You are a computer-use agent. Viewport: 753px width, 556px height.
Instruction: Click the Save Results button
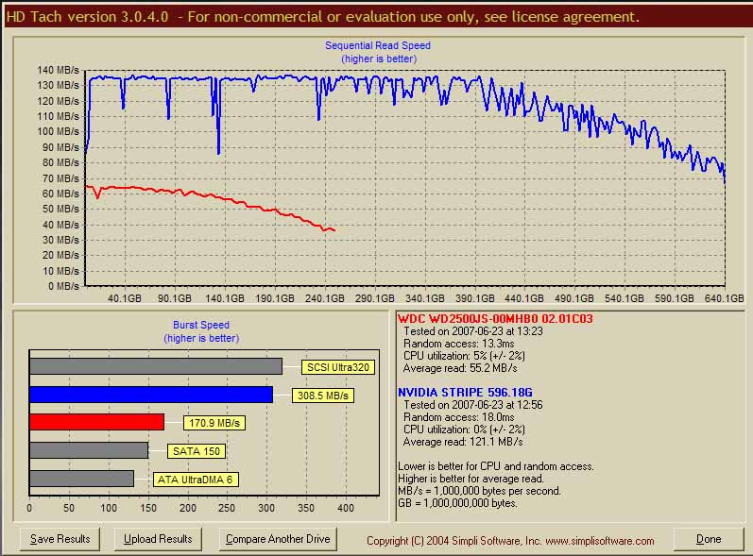click(60, 539)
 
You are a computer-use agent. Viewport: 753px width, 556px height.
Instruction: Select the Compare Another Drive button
click(277, 539)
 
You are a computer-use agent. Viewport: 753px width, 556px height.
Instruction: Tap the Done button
click(709, 539)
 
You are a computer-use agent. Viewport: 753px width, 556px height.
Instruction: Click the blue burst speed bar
click(151, 395)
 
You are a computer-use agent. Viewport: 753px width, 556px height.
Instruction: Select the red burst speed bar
click(96, 422)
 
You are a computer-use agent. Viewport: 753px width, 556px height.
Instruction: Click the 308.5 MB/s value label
click(323, 396)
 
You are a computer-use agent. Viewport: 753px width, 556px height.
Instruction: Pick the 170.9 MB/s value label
click(214, 423)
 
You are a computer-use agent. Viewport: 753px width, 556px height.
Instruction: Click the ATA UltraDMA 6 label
click(195, 480)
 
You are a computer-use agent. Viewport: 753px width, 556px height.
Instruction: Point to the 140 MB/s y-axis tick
click(59, 70)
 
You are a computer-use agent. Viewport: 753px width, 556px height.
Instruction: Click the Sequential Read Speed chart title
click(378, 45)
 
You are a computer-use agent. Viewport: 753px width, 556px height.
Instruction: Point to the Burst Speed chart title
click(201, 325)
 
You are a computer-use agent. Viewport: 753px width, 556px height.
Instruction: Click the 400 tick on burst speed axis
click(345, 509)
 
